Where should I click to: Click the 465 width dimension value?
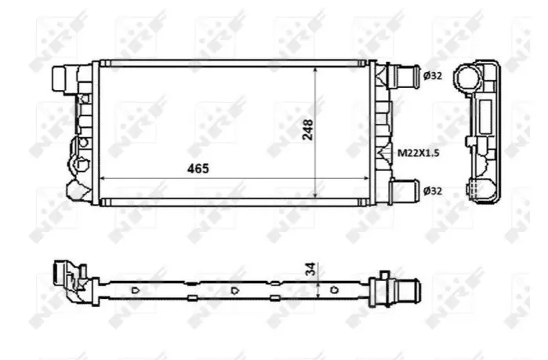pos(198,169)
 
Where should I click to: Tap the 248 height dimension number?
pos(308,130)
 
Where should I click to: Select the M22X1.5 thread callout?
pos(419,153)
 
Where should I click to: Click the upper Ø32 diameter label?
pos(433,75)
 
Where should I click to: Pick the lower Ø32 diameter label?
pos(433,191)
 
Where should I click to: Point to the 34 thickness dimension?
pos(310,269)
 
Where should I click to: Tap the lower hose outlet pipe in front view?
pos(405,191)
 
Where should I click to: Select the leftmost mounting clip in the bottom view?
pos(136,289)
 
